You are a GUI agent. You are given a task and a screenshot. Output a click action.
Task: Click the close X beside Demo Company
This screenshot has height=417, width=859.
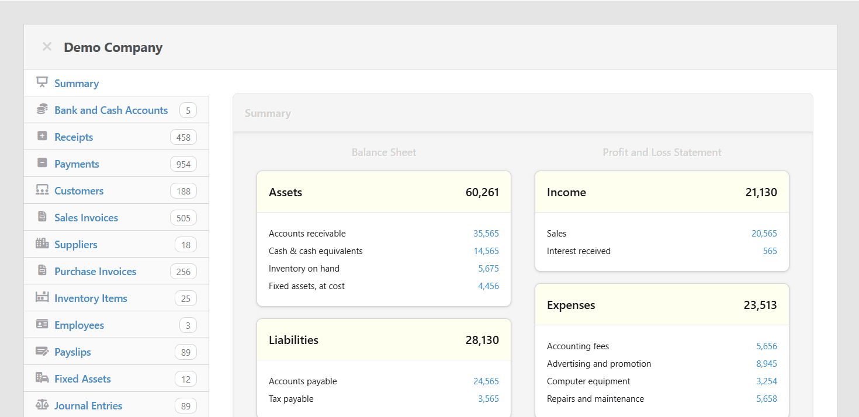click(47, 47)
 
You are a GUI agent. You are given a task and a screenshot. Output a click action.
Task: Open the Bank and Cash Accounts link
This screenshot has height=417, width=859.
click(111, 110)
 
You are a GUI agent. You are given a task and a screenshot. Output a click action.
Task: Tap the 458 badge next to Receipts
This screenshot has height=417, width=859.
click(183, 137)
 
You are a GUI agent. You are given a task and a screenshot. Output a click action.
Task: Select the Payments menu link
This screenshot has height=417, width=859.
click(77, 164)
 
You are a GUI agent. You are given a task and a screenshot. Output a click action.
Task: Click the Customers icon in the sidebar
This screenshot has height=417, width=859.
click(42, 190)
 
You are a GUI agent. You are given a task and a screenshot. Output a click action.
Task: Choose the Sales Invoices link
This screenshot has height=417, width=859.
click(86, 218)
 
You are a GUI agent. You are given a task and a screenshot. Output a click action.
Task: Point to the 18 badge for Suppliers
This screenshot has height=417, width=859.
click(186, 245)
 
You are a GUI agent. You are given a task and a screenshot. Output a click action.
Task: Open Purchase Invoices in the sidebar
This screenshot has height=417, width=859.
click(95, 272)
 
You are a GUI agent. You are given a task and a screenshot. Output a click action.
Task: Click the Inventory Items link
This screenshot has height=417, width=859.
click(91, 298)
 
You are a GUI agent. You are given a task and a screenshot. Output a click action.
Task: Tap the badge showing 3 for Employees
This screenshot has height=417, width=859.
click(188, 325)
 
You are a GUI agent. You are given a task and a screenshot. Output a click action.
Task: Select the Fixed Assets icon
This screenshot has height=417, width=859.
click(42, 378)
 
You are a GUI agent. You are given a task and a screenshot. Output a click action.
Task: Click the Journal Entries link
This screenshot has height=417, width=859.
click(88, 406)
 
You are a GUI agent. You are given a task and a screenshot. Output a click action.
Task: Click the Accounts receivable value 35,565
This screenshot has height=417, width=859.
click(486, 234)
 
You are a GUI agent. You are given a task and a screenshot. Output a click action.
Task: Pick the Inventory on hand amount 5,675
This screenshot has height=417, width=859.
click(489, 269)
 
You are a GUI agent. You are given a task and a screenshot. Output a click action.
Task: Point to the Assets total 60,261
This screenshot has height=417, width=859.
click(482, 192)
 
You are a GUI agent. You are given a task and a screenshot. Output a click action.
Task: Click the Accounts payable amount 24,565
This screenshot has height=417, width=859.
click(486, 381)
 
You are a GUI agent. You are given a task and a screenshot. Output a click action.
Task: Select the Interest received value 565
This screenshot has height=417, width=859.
click(770, 251)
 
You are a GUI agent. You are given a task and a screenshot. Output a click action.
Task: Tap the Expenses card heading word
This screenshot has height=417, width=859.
click(571, 305)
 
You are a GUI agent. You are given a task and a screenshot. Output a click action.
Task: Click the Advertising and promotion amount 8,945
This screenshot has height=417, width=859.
click(767, 364)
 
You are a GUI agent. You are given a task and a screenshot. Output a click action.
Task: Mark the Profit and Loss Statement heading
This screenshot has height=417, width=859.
click(662, 152)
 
